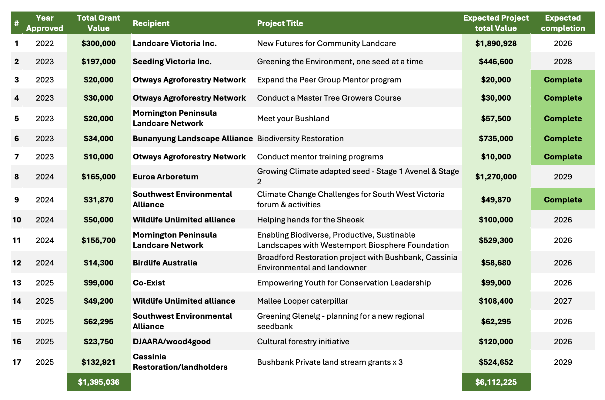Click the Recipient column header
pos(151,23)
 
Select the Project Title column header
pos(280,23)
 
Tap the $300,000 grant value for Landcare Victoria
pos(99,43)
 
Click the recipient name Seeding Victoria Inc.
pos(172,62)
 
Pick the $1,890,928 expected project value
pos(496,43)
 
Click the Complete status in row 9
pos(563,200)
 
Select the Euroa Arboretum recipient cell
pos(165,177)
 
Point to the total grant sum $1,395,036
pos(99,382)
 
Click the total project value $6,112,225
pos(496,382)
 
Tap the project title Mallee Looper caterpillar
pos(302,301)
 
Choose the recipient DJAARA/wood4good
pos(172,342)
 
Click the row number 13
pos(17,283)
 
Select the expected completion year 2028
pos(563,62)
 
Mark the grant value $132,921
pos(99,362)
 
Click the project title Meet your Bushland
pos(293,118)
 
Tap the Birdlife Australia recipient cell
pos(165,263)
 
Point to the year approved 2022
pos(45,43)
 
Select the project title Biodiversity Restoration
pos(300,138)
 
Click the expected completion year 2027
pos(563,301)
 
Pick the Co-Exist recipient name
pos(149,283)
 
